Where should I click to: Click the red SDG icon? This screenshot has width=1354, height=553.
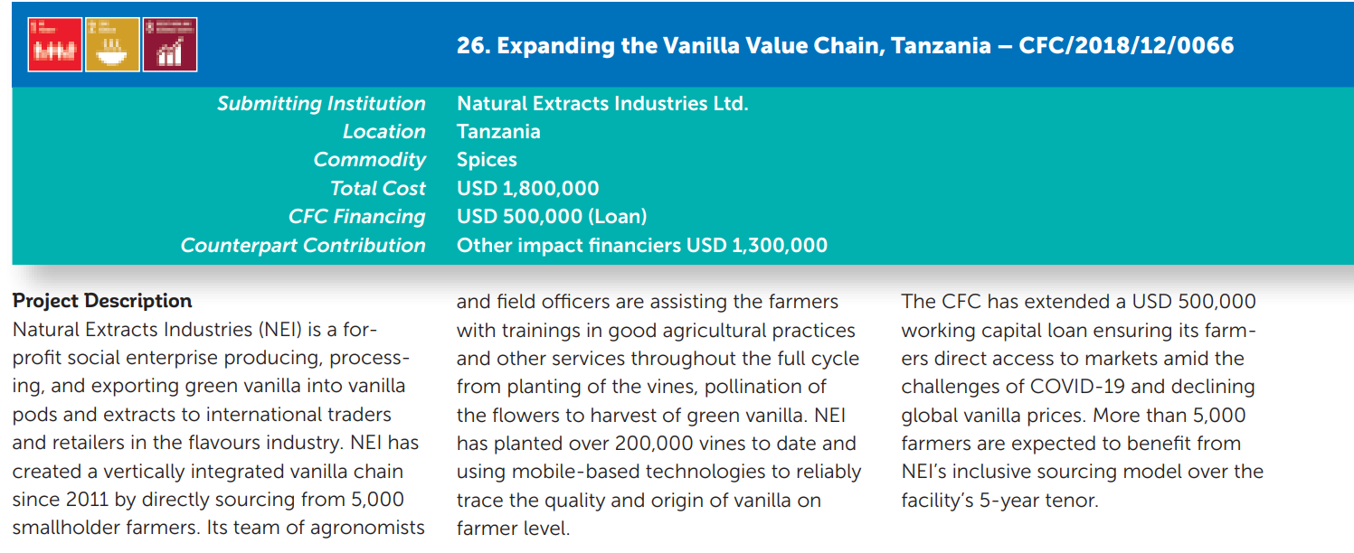click(x=55, y=44)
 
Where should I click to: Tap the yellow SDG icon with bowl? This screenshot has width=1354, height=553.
click(x=112, y=44)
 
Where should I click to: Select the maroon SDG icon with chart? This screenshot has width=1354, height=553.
click(x=170, y=44)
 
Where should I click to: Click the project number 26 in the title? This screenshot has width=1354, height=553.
click(x=472, y=46)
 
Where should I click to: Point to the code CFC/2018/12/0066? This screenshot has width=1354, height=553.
click(x=1126, y=46)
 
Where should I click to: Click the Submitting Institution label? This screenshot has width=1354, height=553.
click(x=322, y=104)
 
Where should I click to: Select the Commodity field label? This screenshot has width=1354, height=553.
click(x=370, y=160)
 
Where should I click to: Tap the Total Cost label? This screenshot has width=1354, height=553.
click(x=378, y=188)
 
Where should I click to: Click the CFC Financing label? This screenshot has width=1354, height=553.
click(x=357, y=217)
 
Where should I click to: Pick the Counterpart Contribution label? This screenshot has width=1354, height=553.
click(x=303, y=246)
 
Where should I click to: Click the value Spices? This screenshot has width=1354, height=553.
click(x=488, y=160)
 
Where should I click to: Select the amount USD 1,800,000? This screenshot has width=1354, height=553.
click(x=527, y=188)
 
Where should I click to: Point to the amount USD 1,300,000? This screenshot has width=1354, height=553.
click(x=757, y=246)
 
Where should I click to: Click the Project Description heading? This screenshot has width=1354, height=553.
click(x=102, y=301)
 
